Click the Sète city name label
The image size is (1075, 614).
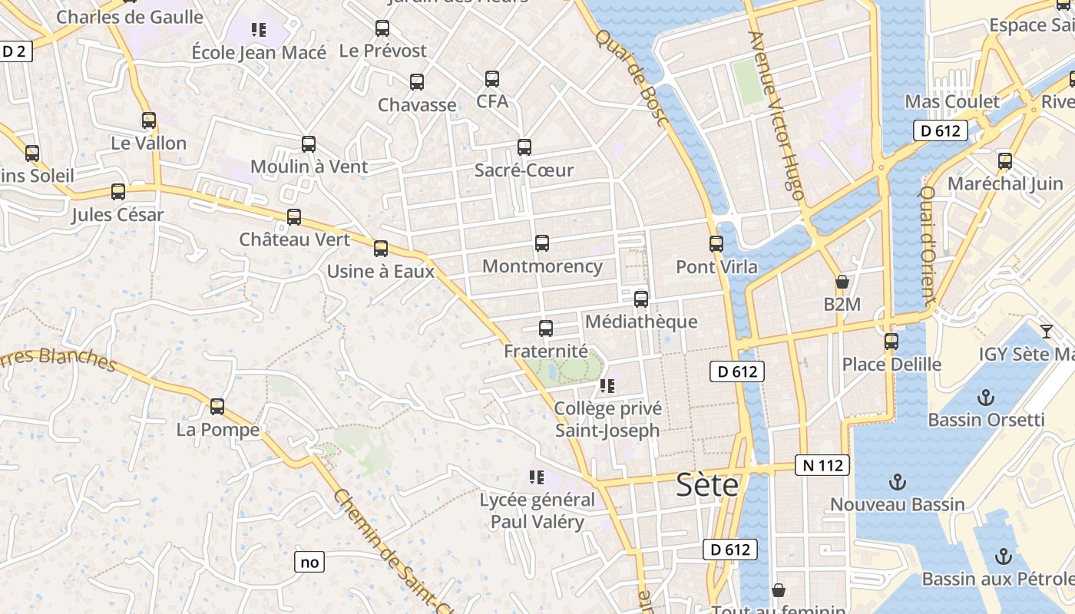[x=707, y=485]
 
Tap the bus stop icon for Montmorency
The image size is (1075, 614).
[x=542, y=243]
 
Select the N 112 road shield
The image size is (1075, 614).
[x=822, y=465]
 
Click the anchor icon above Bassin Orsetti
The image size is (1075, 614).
[x=986, y=398]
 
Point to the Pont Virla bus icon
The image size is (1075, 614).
[x=716, y=244]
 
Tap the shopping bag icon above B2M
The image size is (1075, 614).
[x=842, y=282]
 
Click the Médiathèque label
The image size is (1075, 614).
[x=641, y=322]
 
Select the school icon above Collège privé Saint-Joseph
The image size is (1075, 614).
[x=607, y=386]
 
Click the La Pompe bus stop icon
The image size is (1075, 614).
[x=217, y=407]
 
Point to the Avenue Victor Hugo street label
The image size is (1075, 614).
[x=776, y=115]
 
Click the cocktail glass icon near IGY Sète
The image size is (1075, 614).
[x=1046, y=332]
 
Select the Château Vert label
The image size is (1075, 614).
[x=294, y=239]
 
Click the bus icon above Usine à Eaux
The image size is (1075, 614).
[x=381, y=249]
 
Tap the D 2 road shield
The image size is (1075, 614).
[x=15, y=51]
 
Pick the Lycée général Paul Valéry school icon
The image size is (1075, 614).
[x=537, y=477]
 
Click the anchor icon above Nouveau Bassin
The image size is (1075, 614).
[x=897, y=482]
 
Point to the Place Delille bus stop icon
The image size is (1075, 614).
[x=891, y=342]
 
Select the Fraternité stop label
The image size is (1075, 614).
[x=545, y=352]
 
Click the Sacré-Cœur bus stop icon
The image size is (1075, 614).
[x=524, y=147]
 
